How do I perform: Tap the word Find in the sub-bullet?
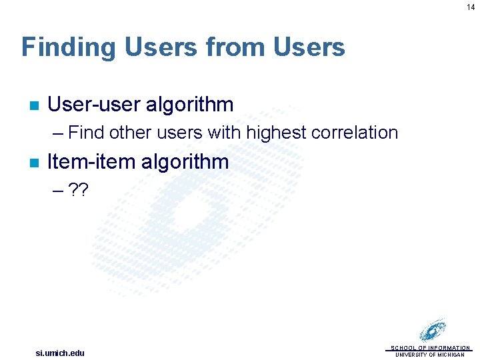click(86, 133)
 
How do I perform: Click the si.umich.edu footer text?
click(60, 353)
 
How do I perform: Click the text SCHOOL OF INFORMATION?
click(430, 348)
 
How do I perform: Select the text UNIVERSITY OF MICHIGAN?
click(430, 355)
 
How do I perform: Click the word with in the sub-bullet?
click(224, 133)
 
